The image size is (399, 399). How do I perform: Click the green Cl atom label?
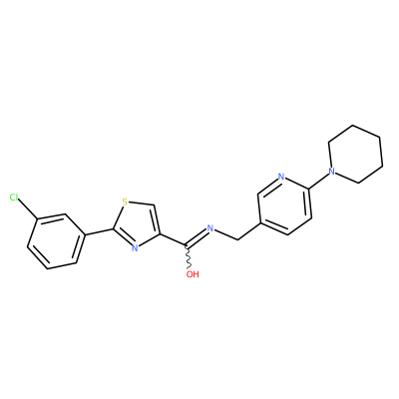pyautogui.click(x=14, y=198)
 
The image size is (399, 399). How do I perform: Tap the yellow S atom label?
pyautogui.click(x=125, y=201)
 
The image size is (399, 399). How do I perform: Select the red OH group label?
pyautogui.click(x=193, y=274)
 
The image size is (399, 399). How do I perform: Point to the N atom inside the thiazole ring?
pyautogui.click(x=135, y=248)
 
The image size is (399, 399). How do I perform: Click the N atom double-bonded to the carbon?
pyautogui.click(x=209, y=228)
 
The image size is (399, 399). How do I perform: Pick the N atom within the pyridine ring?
pyautogui.click(x=281, y=177)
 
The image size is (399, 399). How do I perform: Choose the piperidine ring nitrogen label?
pyautogui.click(x=331, y=172)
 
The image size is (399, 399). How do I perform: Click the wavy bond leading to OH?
pyautogui.click(x=189, y=257)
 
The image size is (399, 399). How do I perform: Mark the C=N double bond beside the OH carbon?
pyautogui.click(x=197, y=237)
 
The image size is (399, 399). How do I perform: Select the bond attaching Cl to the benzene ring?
pyautogui.click(x=28, y=208)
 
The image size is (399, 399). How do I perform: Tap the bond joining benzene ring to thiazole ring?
pyautogui.click(x=98, y=232)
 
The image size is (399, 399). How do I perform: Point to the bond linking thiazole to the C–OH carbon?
pyautogui.click(x=174, y=240)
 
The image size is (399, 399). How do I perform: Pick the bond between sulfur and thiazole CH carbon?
pyautogui.click(x=142, y=203)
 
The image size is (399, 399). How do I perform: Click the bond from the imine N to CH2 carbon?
pyautogui.click(x=226, y=233)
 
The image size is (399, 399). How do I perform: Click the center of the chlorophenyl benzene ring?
pyautogui.click(x=55, y=241)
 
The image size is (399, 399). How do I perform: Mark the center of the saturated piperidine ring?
pyautogui.click(x=355, y=154)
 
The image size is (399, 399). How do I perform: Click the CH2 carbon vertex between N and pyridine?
pyautogui.click(x=238, y=239)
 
